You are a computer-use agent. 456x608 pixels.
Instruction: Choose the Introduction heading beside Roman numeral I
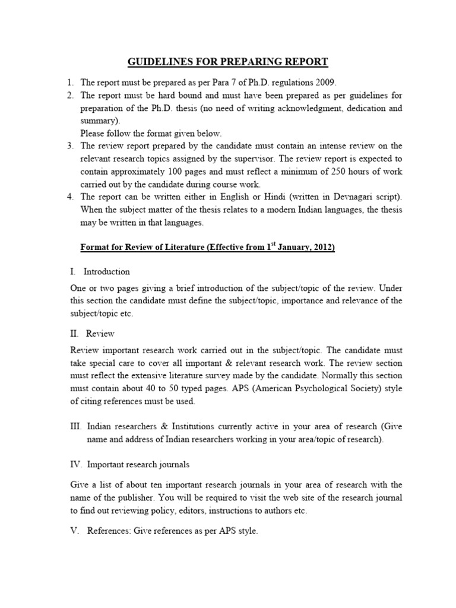tap(107, 271)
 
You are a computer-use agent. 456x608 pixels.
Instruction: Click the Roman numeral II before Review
tap(74, 334)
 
